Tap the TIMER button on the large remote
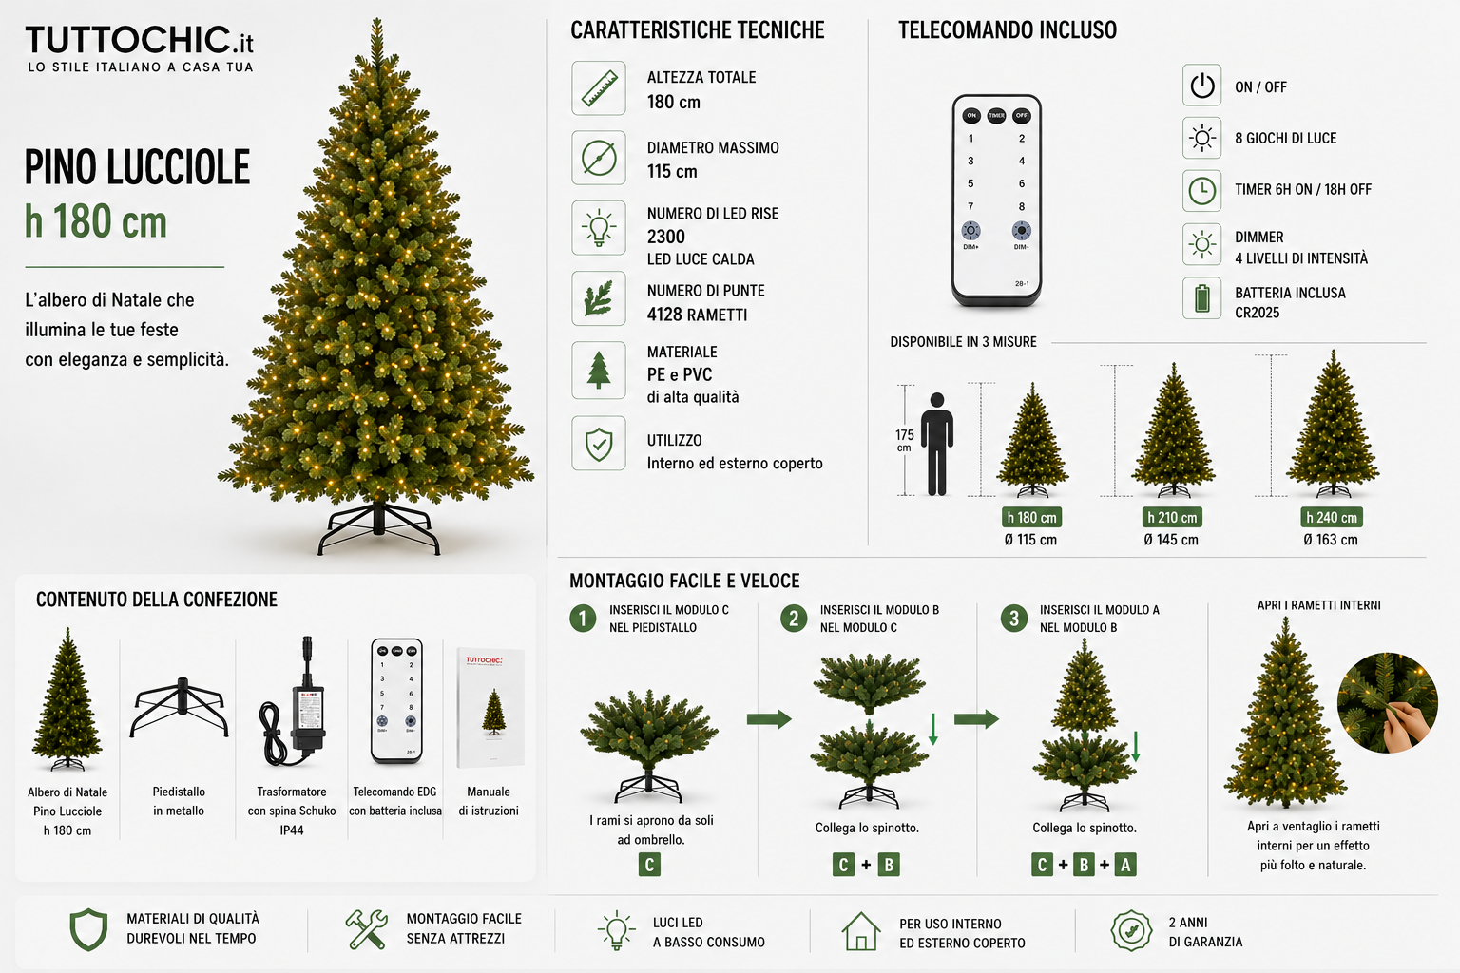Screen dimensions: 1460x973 tap(996, 115)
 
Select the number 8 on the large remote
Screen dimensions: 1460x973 tap(1022, 206)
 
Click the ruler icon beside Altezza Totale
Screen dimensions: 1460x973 tap(598, 88)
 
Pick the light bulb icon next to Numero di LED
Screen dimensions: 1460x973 tap(598, 228)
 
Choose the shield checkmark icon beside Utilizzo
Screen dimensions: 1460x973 tap(598, 444)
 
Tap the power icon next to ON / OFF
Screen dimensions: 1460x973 tap(1201, 86)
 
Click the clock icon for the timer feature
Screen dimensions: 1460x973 tap(1201, 191)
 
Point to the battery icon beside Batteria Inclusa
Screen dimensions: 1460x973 tap(1201, 298)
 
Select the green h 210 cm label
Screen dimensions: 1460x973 tap(1172, 518)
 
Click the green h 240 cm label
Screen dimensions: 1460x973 tap(1331, 518)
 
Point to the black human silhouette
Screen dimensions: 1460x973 tap(937, 444)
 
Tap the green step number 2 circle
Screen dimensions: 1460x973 tap(794, 619)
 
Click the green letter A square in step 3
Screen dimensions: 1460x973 tap(1125, 865)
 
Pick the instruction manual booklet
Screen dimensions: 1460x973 tap(490, 708)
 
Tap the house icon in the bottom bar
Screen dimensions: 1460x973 tap(860, 931)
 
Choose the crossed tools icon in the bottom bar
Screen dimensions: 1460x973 tap(366, 929)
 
